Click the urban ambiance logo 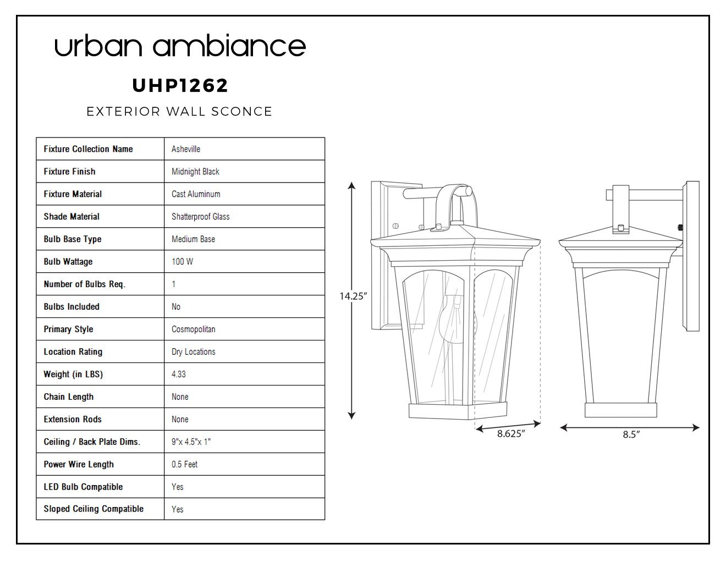tap(180, 45)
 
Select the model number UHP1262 tap(180, 86)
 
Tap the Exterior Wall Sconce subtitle tap(179, 111)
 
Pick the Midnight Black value tap(195, 172)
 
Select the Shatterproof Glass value tap(200, 217)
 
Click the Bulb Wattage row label tap(68, 262)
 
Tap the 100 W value tap(183, 262)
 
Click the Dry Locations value tap(194, 351)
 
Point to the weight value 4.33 tap(178, 374)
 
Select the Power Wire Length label tap(79, 464)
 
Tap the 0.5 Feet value tap(184, 464)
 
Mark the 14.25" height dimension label tap(353, 296)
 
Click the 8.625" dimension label tap(511, 433)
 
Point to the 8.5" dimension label tap(631, 434)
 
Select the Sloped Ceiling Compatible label tap(94, 509)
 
